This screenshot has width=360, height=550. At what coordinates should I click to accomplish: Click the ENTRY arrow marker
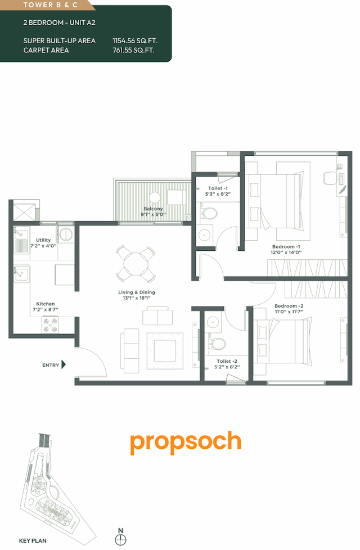(64, 365)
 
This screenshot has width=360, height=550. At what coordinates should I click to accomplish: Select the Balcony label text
(153, 209)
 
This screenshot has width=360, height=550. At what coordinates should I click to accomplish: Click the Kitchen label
(46, 304)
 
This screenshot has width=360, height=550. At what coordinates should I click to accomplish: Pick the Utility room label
(43, 240)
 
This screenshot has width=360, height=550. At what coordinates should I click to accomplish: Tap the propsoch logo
(185, 443)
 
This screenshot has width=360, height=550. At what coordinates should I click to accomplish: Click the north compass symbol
(120, 539)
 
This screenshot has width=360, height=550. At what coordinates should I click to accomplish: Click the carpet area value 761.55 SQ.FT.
(134, 50)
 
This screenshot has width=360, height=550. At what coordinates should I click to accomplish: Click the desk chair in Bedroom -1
(330, 179)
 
